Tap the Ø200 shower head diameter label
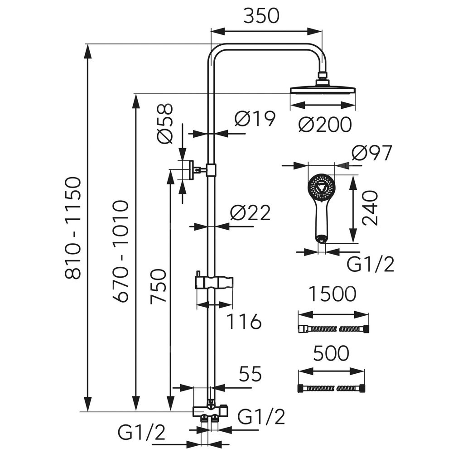tap(325, 124)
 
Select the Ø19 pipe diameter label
tap(255, 119)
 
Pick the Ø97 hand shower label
tap(370, 154)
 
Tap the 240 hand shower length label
tap(370, 208)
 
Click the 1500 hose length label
tap(333, 295)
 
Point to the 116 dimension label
tap(245, 322)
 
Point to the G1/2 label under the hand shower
tap(371, 264)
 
